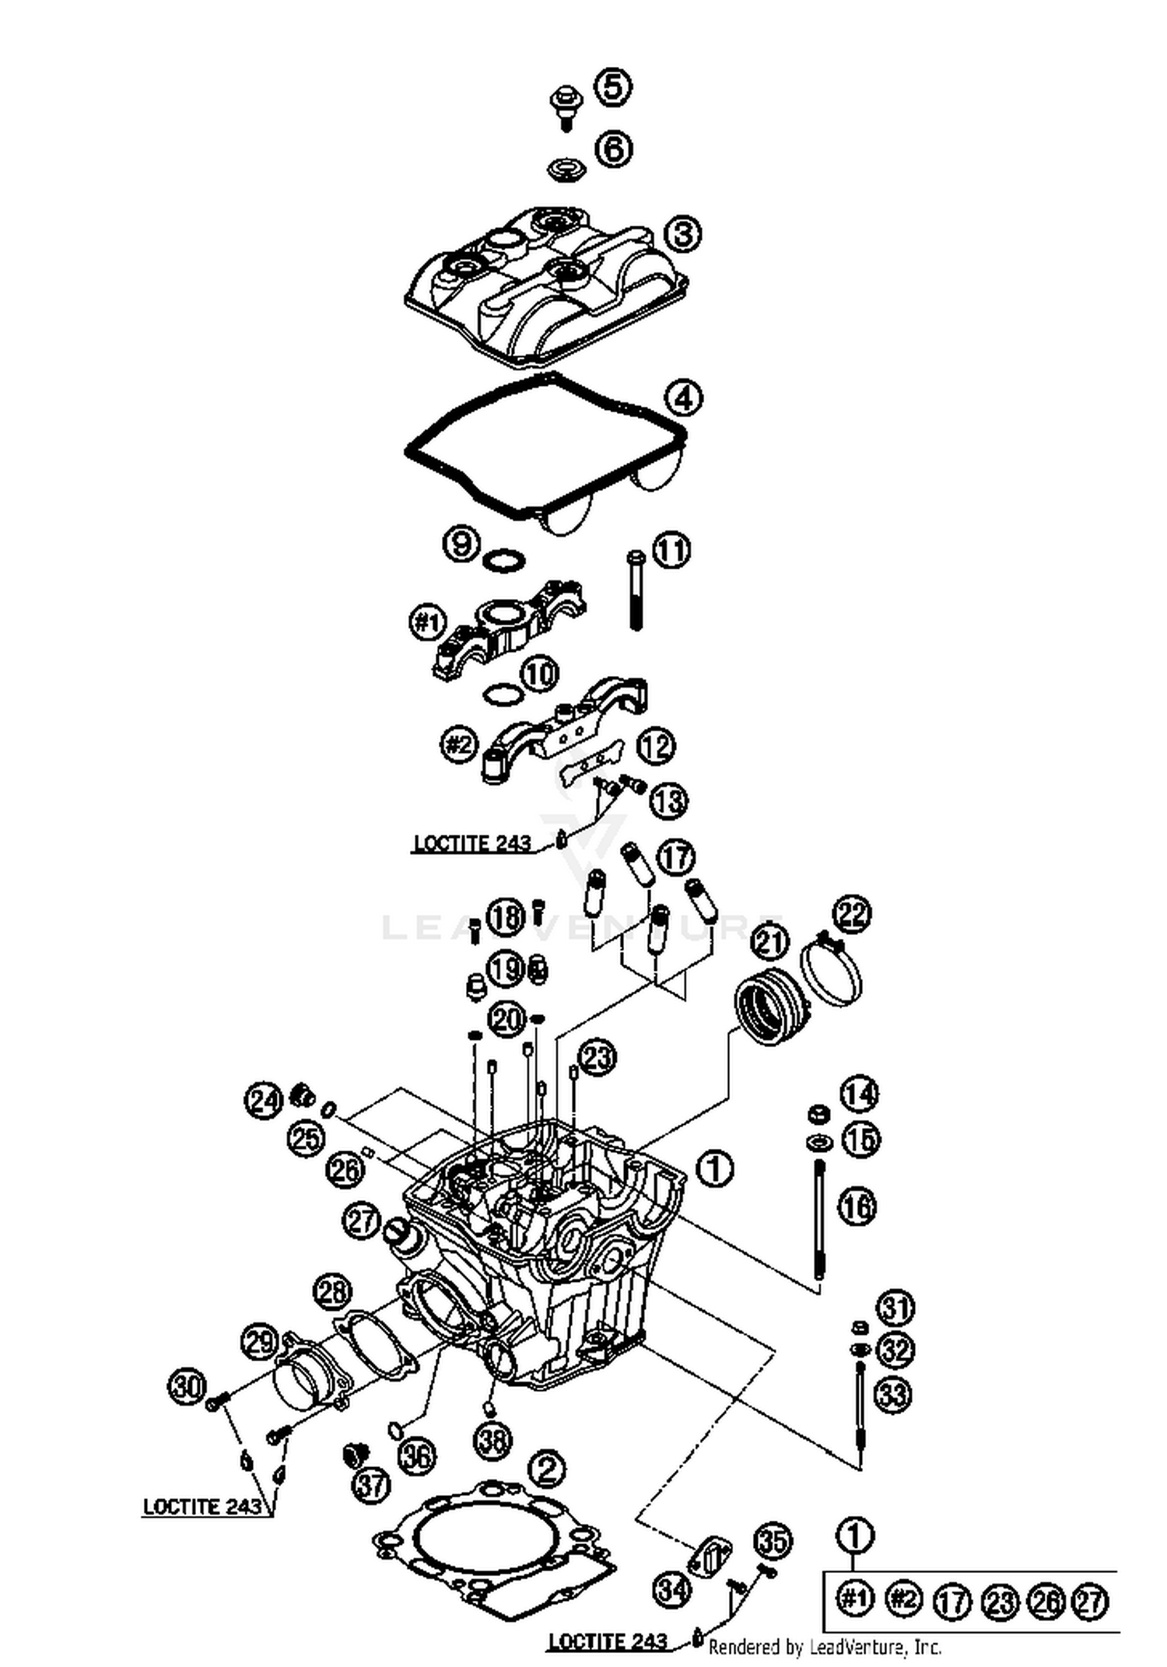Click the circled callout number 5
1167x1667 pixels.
613,86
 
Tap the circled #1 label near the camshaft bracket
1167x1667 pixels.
427,622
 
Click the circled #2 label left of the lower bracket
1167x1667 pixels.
458,745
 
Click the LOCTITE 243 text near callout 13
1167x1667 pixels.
472,843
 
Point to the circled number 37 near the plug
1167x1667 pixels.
371,1486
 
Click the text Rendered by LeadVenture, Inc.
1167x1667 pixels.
825,1647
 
